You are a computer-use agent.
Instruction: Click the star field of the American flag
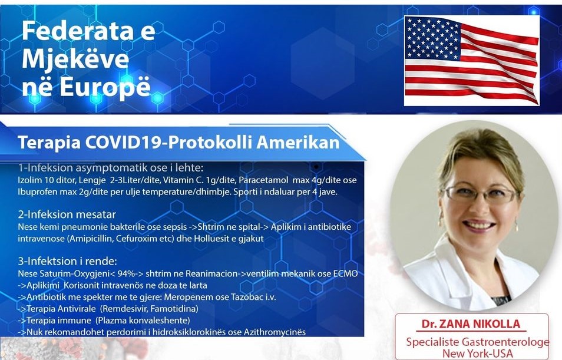click(432, 37)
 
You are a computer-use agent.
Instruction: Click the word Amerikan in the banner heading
click(298, 143)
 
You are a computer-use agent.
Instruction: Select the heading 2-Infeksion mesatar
click(67, 214)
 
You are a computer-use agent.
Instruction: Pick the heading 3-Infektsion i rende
click(67, 260)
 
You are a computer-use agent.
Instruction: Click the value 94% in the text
click(125, 273)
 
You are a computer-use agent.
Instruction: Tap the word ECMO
click(346, 273)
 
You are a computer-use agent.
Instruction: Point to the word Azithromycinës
click(275, 332)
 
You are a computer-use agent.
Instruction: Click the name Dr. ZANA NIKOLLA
click(471, 324)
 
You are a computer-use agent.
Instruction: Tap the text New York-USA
click(477, 353)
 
